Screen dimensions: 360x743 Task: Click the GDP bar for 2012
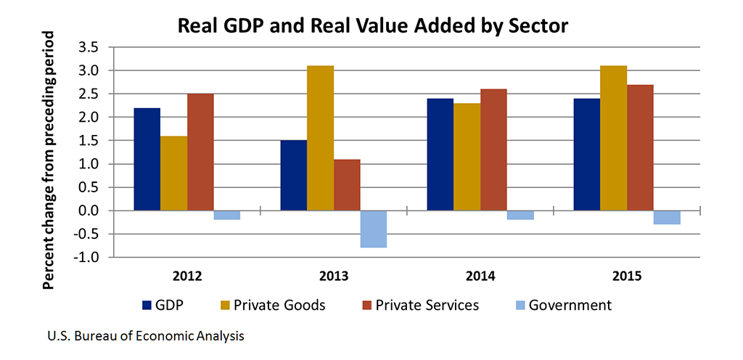[x=147, y=159]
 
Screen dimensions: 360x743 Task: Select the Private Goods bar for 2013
[x=320, y=138]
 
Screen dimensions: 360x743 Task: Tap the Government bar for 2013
[x=373, y=229]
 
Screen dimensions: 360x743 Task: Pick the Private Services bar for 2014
[x=493, y=150]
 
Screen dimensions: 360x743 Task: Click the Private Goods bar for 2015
[x=613, y=138]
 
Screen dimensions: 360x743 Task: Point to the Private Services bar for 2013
[x=347, y=184]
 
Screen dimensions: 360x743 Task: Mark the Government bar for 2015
[x=666, y=217]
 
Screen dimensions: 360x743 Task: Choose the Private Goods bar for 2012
[x=173, y=173]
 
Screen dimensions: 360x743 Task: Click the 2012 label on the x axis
[x=186, y=276]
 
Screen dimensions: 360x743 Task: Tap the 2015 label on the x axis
[x=626, y=276]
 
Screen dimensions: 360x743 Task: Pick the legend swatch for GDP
[x=146, y=306]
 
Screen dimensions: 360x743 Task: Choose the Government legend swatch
[x=519, y=306]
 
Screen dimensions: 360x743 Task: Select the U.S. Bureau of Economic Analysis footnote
[x=145, y=336]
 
